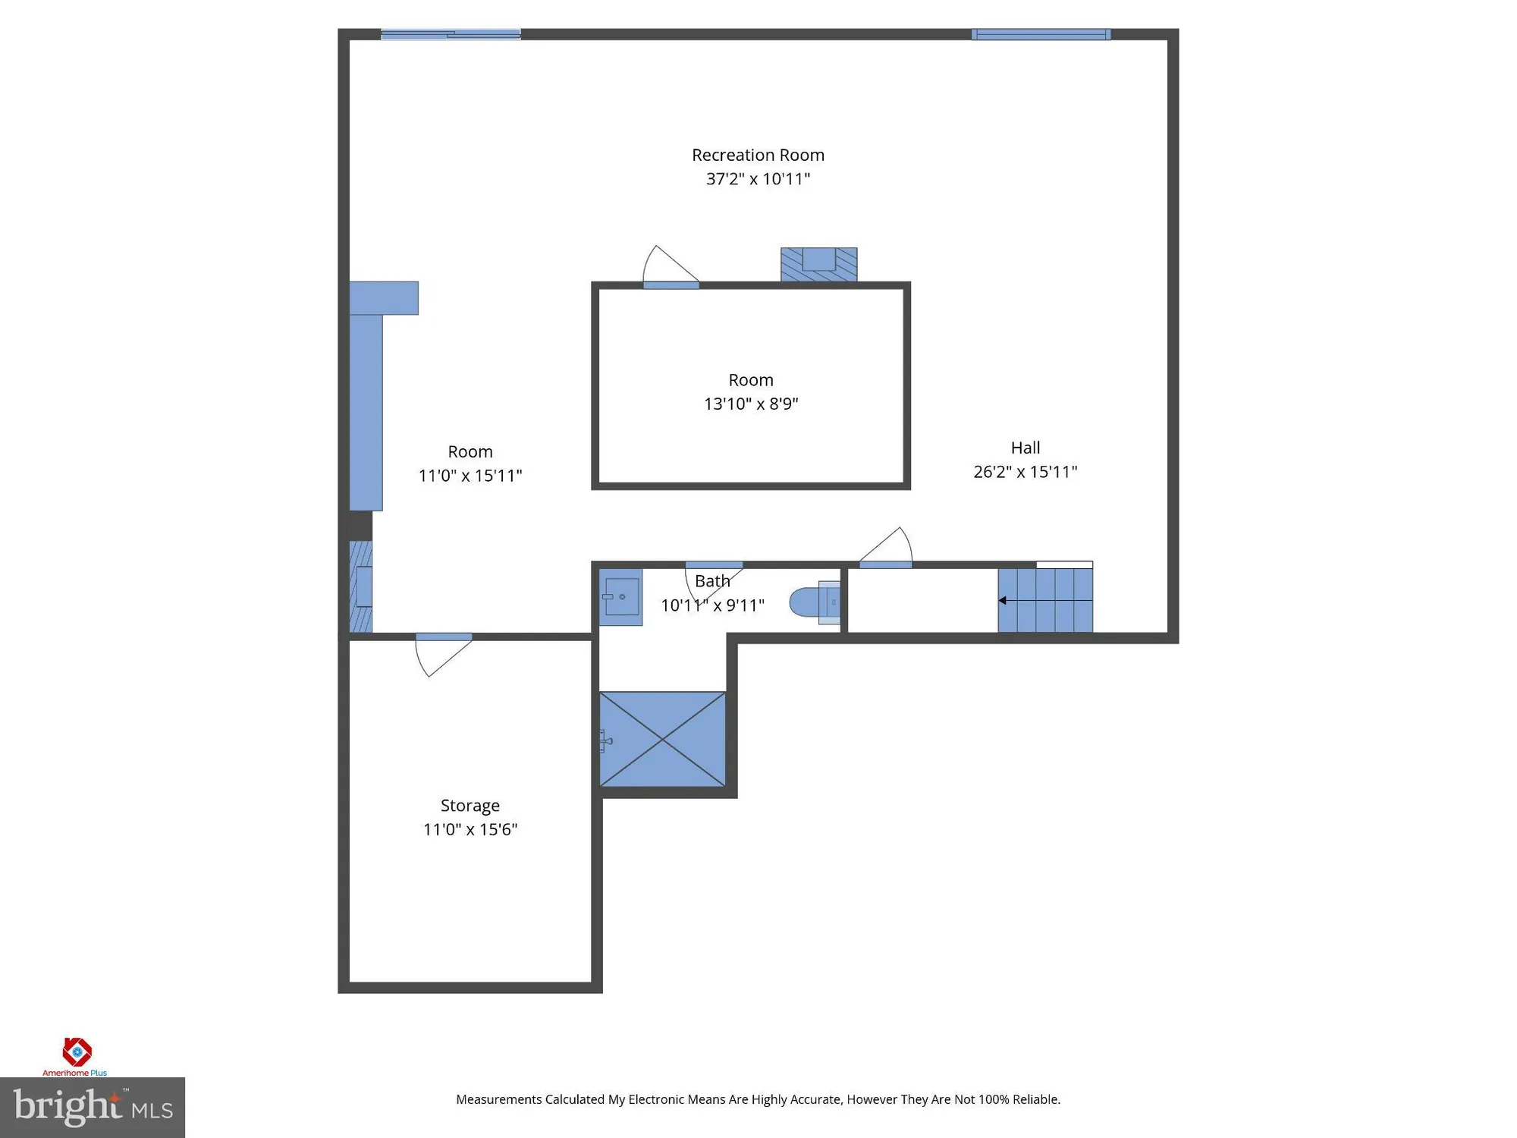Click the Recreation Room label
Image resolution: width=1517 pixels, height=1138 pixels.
[758, 155]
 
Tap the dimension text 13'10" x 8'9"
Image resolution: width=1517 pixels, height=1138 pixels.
[751, 404]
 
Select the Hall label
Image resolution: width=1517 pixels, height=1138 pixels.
[1025, 448]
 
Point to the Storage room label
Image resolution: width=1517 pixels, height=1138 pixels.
[470, 805]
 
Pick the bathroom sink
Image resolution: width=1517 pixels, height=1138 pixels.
[620, 597]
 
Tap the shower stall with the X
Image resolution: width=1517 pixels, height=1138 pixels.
[662, 739]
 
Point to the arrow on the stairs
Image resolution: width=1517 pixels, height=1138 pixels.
[1003, 600]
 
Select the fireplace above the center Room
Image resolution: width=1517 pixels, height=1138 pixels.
[818, 263]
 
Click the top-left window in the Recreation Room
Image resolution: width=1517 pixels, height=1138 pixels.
[451, 34]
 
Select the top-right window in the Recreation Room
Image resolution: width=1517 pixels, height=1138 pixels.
[1041, 34]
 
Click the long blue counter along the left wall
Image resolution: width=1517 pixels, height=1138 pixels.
[366, 410]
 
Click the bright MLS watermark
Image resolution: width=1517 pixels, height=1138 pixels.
[93, 1107]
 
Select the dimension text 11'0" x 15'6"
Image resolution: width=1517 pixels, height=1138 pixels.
[470, 829]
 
